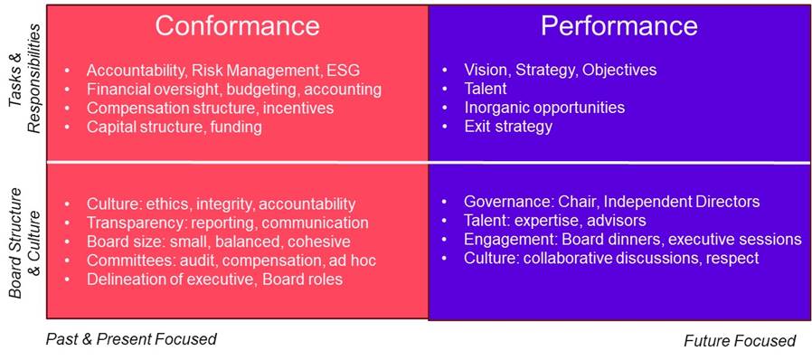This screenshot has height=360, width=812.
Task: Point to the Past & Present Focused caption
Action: pyautogui.click(x=131, y=339)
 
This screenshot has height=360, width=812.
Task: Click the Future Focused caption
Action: pyautogui.click(x=740, y=340)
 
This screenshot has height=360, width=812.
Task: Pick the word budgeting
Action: pyautogui.click(x=262, y=90)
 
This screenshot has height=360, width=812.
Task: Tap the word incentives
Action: pyautogui.click(x=297, y=108)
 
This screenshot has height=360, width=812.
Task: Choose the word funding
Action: pyautogui.click(x=235, y=127)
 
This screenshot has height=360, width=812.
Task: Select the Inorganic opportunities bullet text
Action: pyautogui.click(x=544, y=108)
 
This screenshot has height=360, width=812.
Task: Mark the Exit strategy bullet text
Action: pyautogui.click(x=508, y=127)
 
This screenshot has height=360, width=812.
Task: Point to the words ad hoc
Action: pyautogui.click(x=350, y=260)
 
